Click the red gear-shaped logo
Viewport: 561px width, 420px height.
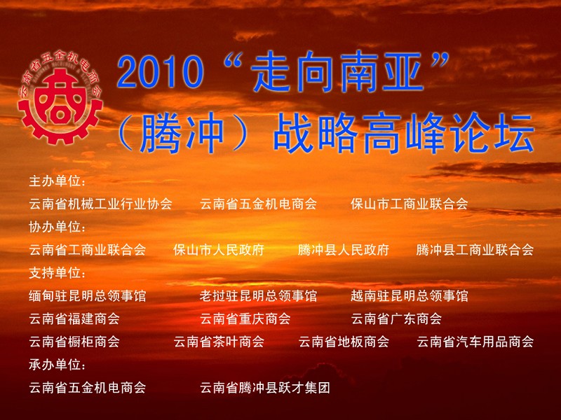(60, 98)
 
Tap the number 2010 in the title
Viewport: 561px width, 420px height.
(161, 73)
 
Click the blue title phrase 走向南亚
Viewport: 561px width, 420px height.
(337, 72)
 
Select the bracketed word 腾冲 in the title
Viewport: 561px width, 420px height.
(182, 132)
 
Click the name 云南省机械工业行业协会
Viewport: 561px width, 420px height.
(100, 204)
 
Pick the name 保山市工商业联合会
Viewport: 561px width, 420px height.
(410, 204)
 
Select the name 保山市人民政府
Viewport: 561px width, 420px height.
(219, 250)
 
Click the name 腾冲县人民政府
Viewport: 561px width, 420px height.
(344, 250)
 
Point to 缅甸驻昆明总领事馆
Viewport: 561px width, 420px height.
(87, 295)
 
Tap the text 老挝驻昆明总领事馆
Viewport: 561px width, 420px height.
(258, 295)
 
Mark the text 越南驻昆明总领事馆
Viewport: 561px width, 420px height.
(410, 295)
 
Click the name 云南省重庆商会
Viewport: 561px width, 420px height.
(245, 318)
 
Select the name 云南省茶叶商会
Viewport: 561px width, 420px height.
(219, 342)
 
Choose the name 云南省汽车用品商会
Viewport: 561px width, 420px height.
(475, 342)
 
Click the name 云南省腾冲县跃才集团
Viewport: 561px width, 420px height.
(265, 388)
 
